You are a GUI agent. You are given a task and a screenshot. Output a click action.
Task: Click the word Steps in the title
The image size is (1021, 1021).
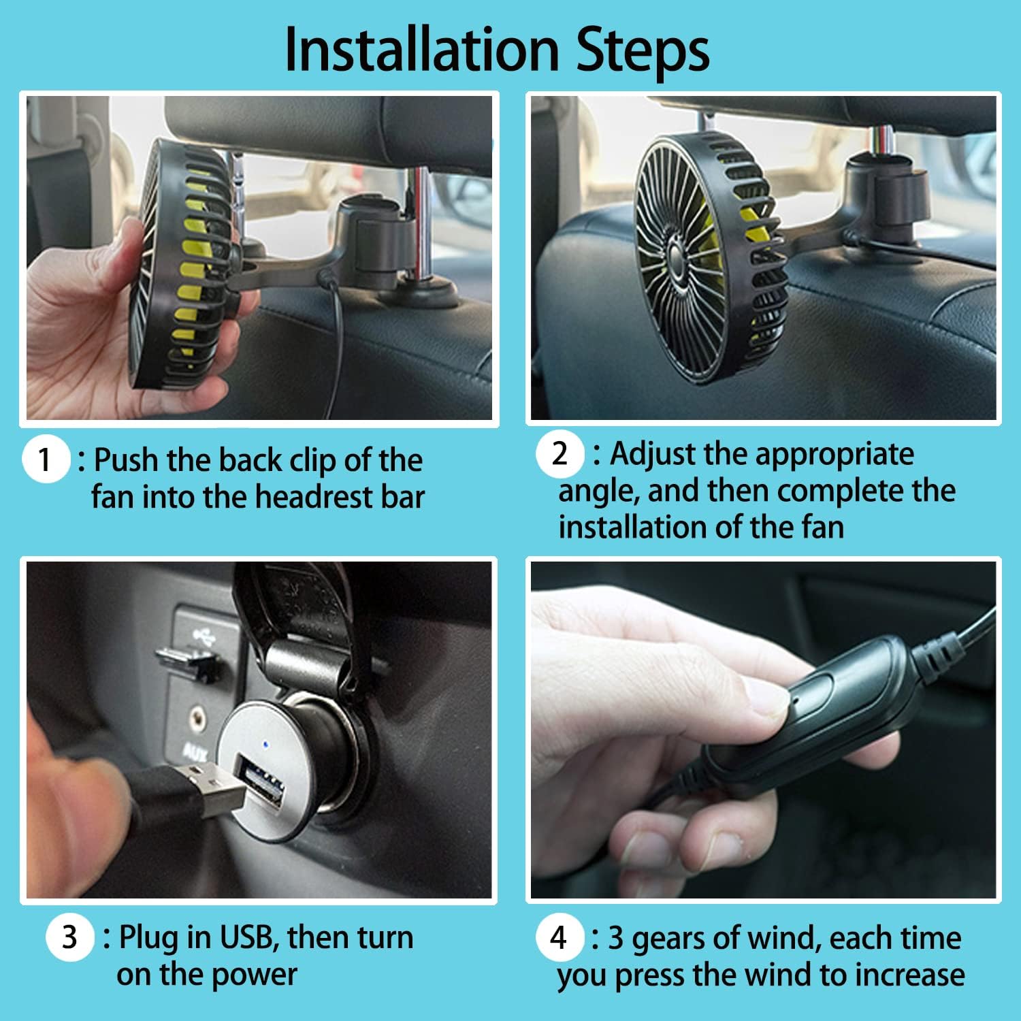(643, 52)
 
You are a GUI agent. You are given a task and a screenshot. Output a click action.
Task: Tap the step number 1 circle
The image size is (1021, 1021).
(46, 459)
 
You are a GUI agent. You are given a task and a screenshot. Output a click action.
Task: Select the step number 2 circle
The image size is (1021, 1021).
(560, 453)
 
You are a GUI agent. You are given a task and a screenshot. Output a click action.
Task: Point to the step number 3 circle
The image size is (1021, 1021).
(69, 937)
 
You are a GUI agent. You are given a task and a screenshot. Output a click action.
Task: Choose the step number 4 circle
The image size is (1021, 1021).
(559, 937)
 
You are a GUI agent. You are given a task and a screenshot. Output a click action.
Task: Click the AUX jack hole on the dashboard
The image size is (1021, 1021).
(198, 715)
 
